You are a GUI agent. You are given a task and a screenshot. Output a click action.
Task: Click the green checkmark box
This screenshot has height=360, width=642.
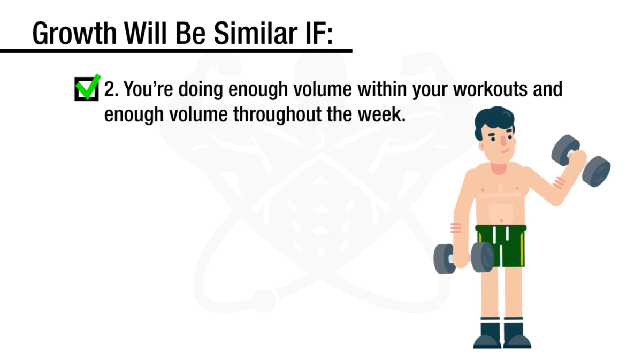pos(87,89)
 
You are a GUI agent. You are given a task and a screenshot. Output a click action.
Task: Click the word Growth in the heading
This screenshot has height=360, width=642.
pos(74,34)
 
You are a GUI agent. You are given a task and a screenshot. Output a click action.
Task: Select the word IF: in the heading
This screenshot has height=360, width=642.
pos(319,33)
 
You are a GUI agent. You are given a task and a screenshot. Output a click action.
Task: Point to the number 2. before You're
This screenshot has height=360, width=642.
pos(111,89)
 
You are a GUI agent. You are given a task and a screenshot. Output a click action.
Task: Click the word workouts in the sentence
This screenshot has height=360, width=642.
pos(491,89)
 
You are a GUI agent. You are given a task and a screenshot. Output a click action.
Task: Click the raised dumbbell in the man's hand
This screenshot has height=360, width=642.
pos(581,160)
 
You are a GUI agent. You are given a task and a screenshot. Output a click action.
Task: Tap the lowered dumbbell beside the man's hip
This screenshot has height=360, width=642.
pos(463,258)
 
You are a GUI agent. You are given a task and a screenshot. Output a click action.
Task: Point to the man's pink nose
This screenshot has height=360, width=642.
pos(503,141)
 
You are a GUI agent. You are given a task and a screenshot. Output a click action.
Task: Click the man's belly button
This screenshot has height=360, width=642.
pos(501,220)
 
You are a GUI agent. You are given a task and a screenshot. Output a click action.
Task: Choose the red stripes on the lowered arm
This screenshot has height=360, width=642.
pos(456,228)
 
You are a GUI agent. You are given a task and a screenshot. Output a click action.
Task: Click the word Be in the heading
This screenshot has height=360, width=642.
pos(190,33)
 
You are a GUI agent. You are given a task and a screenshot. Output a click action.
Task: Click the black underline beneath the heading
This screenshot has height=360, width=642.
pos(176,51)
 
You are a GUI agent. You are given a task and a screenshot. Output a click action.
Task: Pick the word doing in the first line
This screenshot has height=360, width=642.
pos(200,89)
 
